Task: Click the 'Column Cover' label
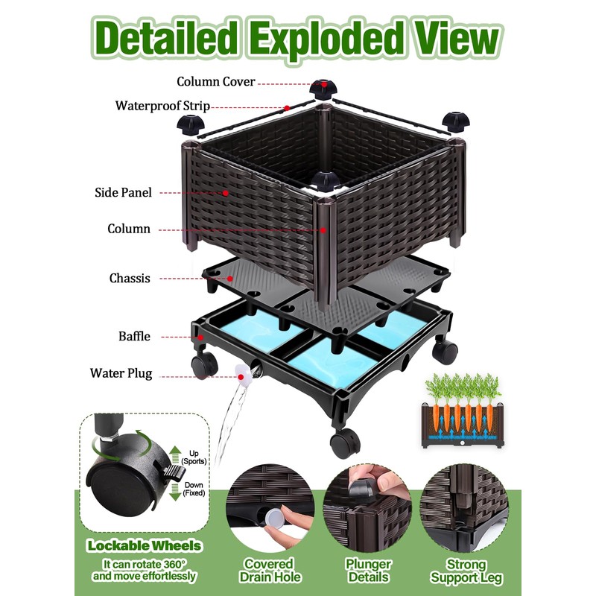tap(215, 81)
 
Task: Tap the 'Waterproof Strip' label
tap(162, 105)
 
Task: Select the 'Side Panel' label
tap(124, 192)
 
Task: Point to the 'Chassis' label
tap(130, 279)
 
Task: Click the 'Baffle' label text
tap(134, 336)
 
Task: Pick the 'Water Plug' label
tap(121, 373)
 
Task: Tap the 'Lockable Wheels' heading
tap(143, 545)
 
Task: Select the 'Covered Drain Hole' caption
tap(270, 571)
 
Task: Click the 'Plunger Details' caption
tap(368, 571)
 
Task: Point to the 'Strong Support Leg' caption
tap(467, 571)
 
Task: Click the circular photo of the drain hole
tap(270, 507)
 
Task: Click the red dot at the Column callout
tap(323, 230)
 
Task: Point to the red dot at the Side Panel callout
tap(226, 193)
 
